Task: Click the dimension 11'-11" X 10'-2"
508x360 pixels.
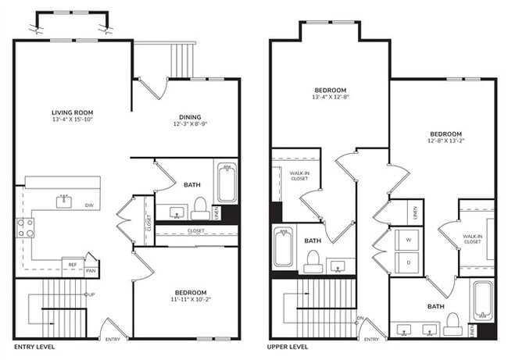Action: point(185,300)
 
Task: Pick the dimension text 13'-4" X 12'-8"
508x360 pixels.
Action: point(331,98)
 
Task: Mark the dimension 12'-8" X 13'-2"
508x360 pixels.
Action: point(445,141)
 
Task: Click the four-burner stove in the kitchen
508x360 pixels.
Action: point(26,227)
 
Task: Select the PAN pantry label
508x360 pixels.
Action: point(91,271)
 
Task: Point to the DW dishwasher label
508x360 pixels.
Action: point(91,206)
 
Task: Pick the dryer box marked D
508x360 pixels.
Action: point(407,262)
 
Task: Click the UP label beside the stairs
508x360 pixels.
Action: point(91,294)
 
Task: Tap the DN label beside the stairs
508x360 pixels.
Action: point(360,318)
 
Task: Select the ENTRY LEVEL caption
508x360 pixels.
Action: point(34,346)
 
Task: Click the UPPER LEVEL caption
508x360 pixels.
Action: point(292,346)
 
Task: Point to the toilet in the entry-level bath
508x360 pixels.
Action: point(199,208)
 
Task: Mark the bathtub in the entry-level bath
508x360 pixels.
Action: point(227,182)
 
